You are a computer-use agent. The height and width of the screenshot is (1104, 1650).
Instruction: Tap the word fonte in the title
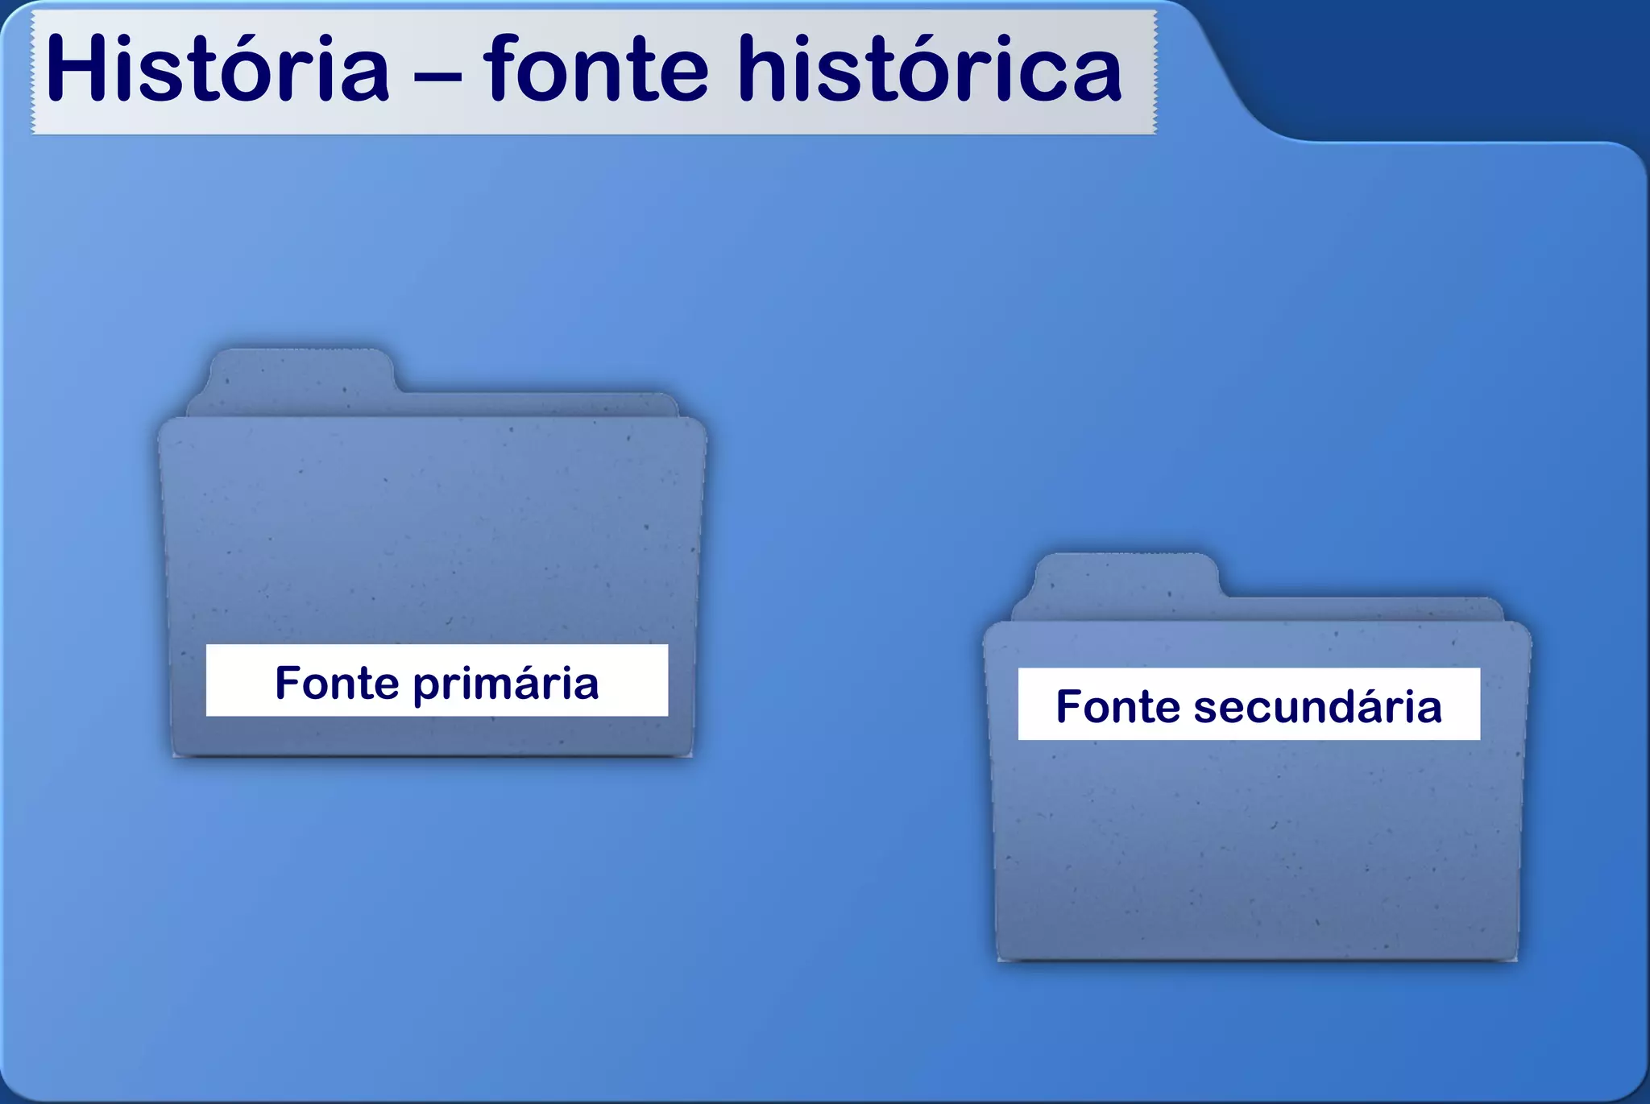(596, 71)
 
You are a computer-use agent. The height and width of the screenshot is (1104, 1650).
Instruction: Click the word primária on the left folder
(506, 684)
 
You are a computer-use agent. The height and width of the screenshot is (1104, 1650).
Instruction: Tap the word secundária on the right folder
(1317, 707)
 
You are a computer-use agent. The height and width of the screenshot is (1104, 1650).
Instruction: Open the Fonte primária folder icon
(433, 548)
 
